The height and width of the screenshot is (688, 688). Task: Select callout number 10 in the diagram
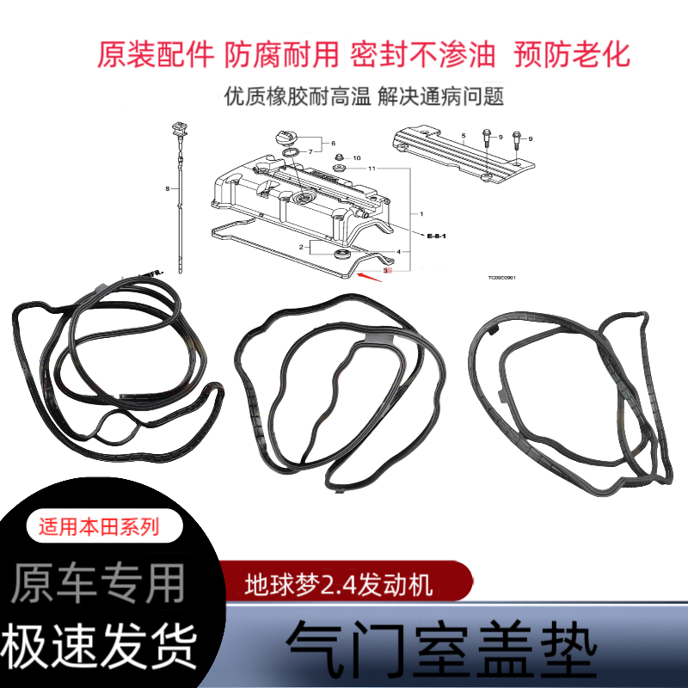pos(357,157)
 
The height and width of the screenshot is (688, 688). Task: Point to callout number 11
pos(372,169)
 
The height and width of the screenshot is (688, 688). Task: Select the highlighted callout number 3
pos(386,270)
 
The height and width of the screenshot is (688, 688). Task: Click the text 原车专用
pos(99,584)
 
